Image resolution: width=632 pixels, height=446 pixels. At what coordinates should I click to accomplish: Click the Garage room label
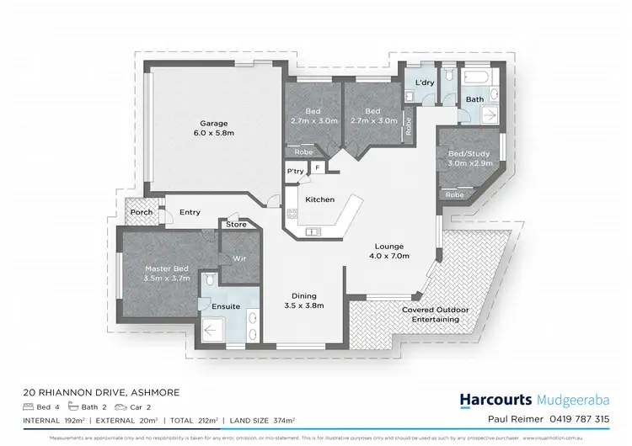[214, 124]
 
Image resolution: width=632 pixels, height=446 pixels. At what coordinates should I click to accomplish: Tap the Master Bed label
[165, 268]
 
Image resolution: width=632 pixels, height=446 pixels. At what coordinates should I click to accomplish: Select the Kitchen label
[320, 199]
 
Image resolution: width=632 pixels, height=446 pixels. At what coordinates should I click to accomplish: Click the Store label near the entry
[236, 226]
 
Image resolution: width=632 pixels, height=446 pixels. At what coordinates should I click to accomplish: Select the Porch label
[142, 213]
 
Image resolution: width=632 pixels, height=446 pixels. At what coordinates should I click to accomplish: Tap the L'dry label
[425, 82]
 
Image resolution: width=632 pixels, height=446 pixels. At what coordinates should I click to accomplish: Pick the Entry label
[190, 213]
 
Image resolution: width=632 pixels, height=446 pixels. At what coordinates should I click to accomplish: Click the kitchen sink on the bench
[313, 231]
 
